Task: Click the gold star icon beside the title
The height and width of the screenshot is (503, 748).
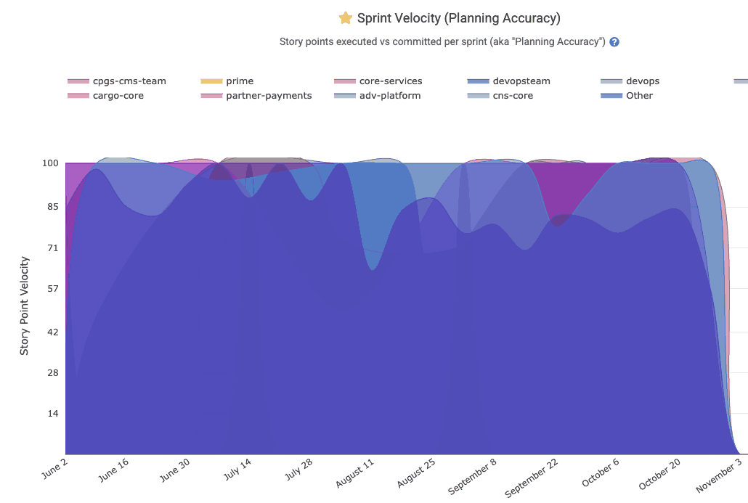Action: pos(346,18)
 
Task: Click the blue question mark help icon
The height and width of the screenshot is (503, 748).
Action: pos(614,42)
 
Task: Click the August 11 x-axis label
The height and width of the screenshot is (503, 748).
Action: pos(356,475)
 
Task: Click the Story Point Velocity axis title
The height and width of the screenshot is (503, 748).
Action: pos(25,306)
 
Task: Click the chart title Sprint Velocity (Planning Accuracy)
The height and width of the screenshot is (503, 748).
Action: pos(458,18)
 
